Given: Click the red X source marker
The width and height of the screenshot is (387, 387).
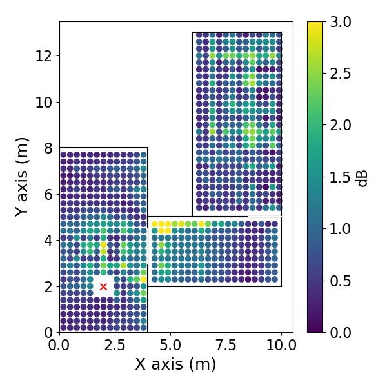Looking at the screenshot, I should pos(103,286).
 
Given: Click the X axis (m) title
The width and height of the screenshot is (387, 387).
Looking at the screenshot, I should pos(175,364).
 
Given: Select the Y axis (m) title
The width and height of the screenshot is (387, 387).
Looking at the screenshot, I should pos(23,176).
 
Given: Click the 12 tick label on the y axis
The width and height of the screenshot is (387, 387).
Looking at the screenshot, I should pos(45,55).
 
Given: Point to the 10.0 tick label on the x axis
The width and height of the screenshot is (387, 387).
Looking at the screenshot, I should pos(281,345).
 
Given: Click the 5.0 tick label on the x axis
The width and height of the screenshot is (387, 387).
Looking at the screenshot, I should pos(170,345).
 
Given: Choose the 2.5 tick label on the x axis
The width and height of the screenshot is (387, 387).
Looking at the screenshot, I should pos(115,345).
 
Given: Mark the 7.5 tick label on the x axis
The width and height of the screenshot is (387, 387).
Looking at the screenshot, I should pos(226,345).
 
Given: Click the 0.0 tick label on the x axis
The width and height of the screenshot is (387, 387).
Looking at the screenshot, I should pos(60,345).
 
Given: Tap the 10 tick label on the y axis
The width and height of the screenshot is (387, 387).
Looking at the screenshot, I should pos(45,102).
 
